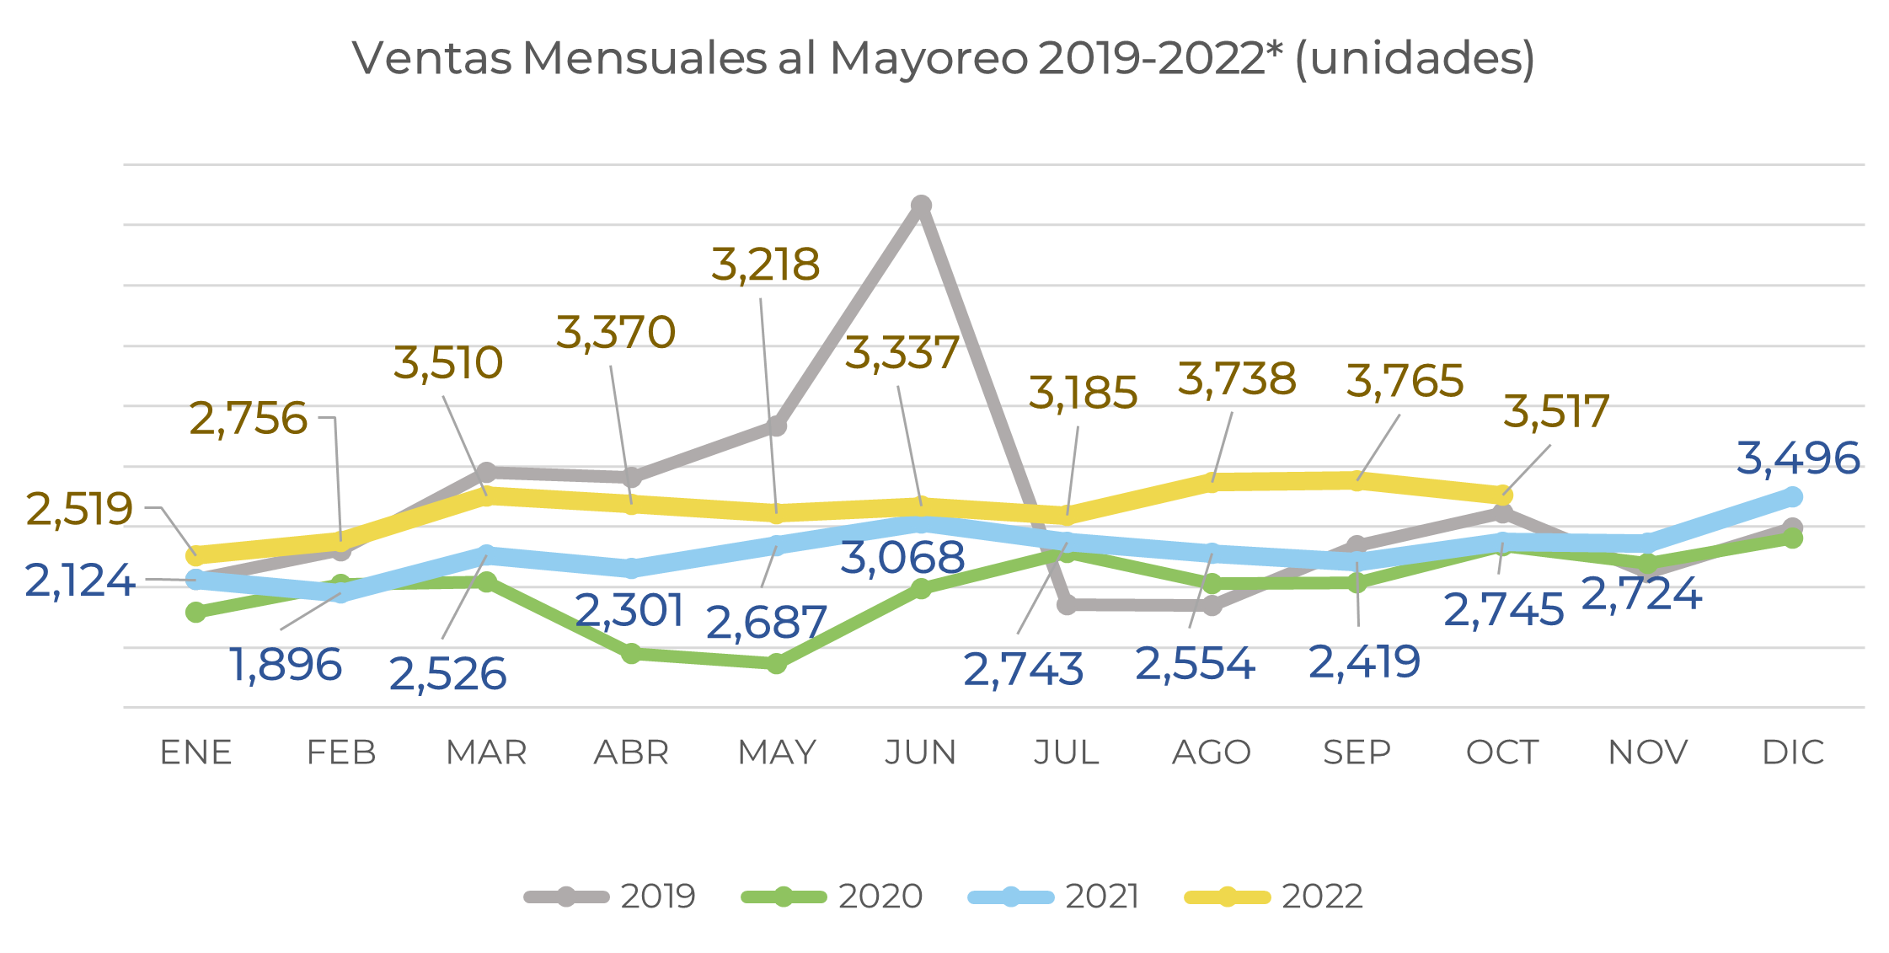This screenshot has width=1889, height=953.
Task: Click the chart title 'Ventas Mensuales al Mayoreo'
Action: click(943, 59)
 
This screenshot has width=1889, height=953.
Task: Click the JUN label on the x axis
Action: click(921, 752)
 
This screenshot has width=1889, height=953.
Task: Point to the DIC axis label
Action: click(1793, 752)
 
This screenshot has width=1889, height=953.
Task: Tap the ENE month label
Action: click(195, 752)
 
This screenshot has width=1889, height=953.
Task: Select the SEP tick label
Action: click(1357, 752)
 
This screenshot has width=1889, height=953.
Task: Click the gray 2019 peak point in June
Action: click(921, 206)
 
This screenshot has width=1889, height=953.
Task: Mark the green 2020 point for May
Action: click(777, 664)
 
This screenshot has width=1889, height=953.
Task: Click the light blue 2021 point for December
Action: click(1793, 497)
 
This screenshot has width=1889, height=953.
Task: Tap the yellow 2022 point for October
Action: click(1502, 495)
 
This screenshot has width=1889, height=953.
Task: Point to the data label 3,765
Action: click(1405, 382)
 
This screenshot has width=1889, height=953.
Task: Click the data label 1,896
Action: click(286, 666)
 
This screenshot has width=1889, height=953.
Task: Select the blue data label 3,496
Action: click(1798, 459)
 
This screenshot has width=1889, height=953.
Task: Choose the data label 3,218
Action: click(765, 265)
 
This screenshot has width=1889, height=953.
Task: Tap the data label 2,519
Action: click(79, 510)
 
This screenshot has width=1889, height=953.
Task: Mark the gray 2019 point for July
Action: click(1067, 604)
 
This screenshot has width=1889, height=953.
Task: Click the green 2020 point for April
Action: click(632, 653)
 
